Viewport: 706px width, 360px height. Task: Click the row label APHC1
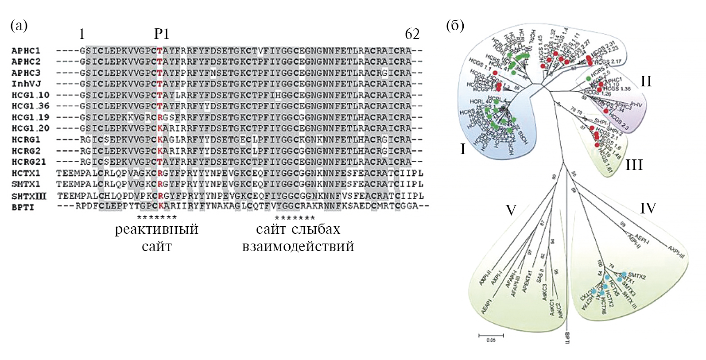click(26, 50)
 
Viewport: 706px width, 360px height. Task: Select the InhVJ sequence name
click(26, 84)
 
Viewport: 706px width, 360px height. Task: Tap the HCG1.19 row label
click(30, 117)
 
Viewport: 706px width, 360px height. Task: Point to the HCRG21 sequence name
click(29, 162)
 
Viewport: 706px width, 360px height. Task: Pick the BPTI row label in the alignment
click(23, 207)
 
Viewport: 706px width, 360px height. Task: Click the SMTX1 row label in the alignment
click(26, 184)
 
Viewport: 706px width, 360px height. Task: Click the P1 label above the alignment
click(161, 34)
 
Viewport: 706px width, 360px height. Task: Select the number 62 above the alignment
click(412, 34)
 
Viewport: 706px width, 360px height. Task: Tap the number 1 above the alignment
click(81, 34)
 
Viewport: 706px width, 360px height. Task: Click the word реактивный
click(156, 229)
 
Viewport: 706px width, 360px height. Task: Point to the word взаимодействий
click(298, 247)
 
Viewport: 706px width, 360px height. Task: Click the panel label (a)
click(19, 25)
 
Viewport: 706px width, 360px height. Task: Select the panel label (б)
click(455, 25)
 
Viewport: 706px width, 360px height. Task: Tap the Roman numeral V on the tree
click(511, 210)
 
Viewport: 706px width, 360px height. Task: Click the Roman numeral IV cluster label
click(648, 208)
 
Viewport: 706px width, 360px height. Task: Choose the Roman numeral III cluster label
click(634, 165)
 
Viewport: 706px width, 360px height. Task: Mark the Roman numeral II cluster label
click(646, 81)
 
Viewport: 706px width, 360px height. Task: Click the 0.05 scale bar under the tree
click(491, 336)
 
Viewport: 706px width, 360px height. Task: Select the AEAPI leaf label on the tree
click(486, 306)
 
